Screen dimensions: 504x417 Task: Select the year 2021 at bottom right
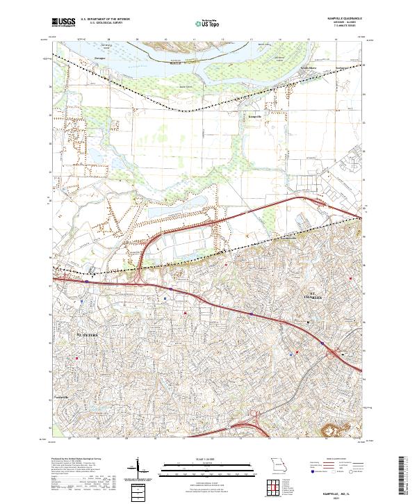[345, 496]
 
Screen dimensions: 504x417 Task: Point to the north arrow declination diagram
[138, 469]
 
